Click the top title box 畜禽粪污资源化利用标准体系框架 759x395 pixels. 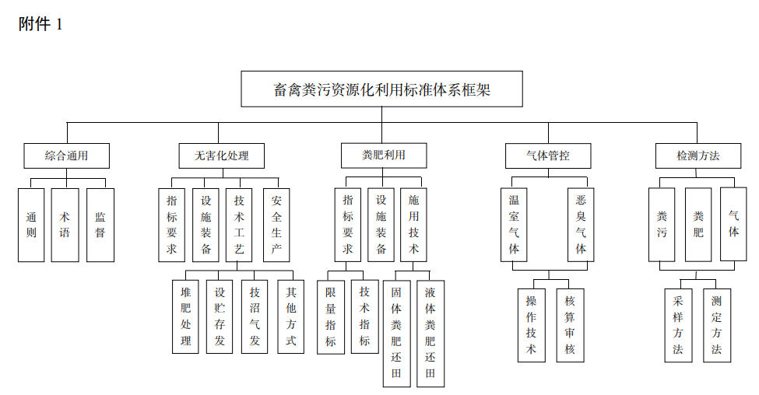tap(381, 89)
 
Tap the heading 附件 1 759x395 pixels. tap(40, 23)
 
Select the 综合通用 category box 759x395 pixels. tap(67, 156)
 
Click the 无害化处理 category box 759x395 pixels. tap(222, 156)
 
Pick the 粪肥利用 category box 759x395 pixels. tap(384, 156)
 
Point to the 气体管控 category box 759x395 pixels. tap(548, 156)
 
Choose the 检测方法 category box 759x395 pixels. tap(698, 156)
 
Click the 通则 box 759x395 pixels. tap(31, 225)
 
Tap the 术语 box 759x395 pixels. tap(65, 225)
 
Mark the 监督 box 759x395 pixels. tap(100, 225)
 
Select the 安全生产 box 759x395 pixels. tap(276, 225)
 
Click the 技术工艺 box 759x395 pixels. tap(239, 225)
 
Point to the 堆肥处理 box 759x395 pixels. tap(185, 316)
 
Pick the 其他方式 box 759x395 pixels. tap(291, 316)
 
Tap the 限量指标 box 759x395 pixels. tap(331, 317)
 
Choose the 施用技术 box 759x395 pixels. tap(413, 225)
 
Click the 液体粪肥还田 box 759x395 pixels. tap(430, 334)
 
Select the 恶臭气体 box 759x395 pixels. tap(581, 225)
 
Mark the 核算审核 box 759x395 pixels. tap(570, 325)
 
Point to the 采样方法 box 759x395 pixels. tap(678, 325)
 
